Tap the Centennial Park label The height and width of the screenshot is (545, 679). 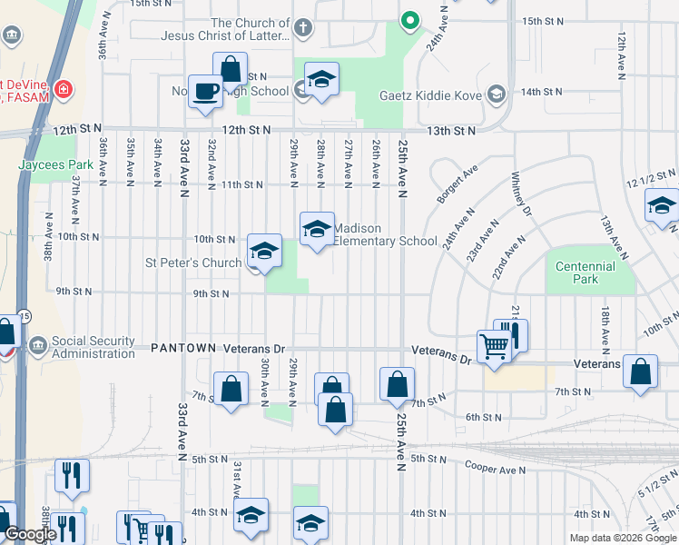click(x=586, y=272)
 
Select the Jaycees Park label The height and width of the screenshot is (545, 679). click(x=55, y=165)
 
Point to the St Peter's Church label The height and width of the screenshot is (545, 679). click(x=194, y=263)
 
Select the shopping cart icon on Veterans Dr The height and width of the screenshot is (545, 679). click(x=494, y=345)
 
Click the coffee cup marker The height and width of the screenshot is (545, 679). click(x=206, y=91)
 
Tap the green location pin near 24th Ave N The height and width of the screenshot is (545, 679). click(x=410, y=19)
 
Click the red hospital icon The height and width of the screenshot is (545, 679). click(x=64, y=89)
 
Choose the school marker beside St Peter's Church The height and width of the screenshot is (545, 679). click(x=264, y=252)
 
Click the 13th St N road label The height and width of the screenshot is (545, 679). click(x=451, y=131)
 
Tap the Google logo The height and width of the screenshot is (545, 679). click(x=29, y=535)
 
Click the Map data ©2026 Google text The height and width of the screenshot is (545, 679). click(x=623, y=538)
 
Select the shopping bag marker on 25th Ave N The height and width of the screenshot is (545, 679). click(x=398, y=384)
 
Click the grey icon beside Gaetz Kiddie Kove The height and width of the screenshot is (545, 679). click(x=497, y=93)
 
